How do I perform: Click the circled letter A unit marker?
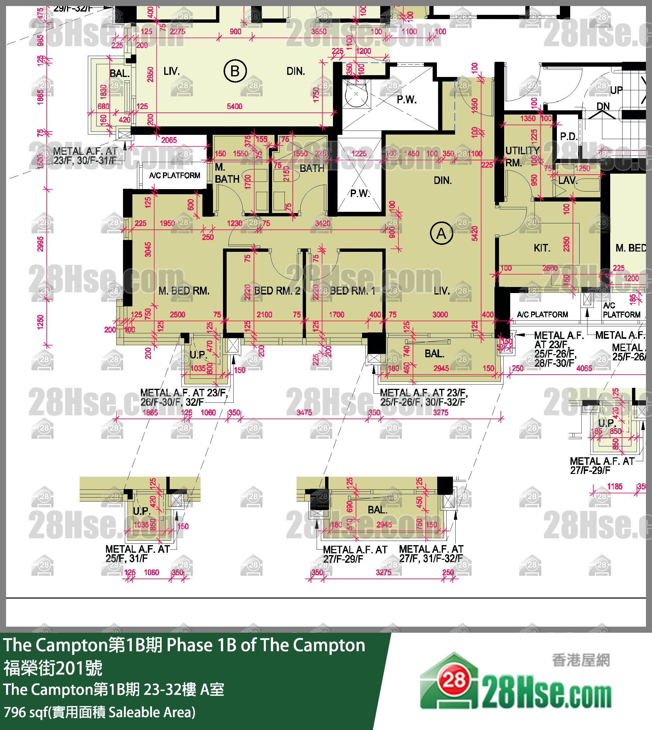coord(441,233)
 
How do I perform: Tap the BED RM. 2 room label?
coord(277,291)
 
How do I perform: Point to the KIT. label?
coord(542,248)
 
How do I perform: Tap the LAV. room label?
coord(568,180)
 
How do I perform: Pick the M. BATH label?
coord(226,173)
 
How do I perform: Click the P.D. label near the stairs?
coord(568,137)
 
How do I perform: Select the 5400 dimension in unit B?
coord(234,106)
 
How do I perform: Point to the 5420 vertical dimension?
coord(475,233)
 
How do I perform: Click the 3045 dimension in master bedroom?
coord(148,249)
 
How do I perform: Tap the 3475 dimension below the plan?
coord(304,412)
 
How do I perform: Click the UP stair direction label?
coord(616,90)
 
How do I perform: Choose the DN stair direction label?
coord(603,106)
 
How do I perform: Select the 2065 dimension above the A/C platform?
coord(169,140)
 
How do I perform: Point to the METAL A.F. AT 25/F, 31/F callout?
coord(137,553)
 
